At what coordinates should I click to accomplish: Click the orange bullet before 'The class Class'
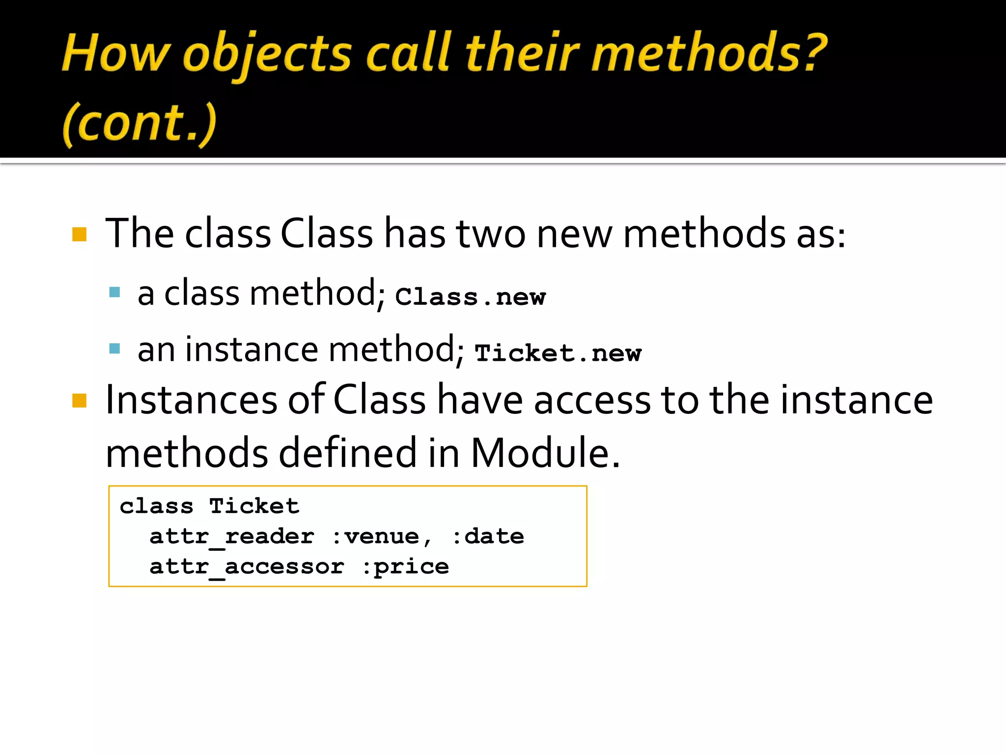(79, 234)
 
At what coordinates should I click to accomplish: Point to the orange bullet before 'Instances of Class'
(79, 401)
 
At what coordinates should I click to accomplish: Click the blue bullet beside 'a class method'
(115, 293)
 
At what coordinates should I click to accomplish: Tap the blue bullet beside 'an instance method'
(115, 349)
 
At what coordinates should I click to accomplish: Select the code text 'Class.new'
(470, 296)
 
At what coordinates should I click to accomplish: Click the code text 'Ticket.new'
(558, 353)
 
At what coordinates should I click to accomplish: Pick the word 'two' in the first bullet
(491, 234)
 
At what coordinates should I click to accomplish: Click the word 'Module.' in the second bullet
(545, 452)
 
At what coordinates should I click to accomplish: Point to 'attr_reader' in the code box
(232, 537)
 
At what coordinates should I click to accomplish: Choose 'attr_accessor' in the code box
(247, 567)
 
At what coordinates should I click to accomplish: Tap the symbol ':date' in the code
(488, 537)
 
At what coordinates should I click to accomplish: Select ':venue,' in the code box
(382, 537)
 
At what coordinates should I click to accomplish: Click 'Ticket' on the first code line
(254, 506)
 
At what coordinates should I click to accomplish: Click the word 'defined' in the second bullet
(348, 452)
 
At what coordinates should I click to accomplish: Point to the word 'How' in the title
(116, 53)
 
